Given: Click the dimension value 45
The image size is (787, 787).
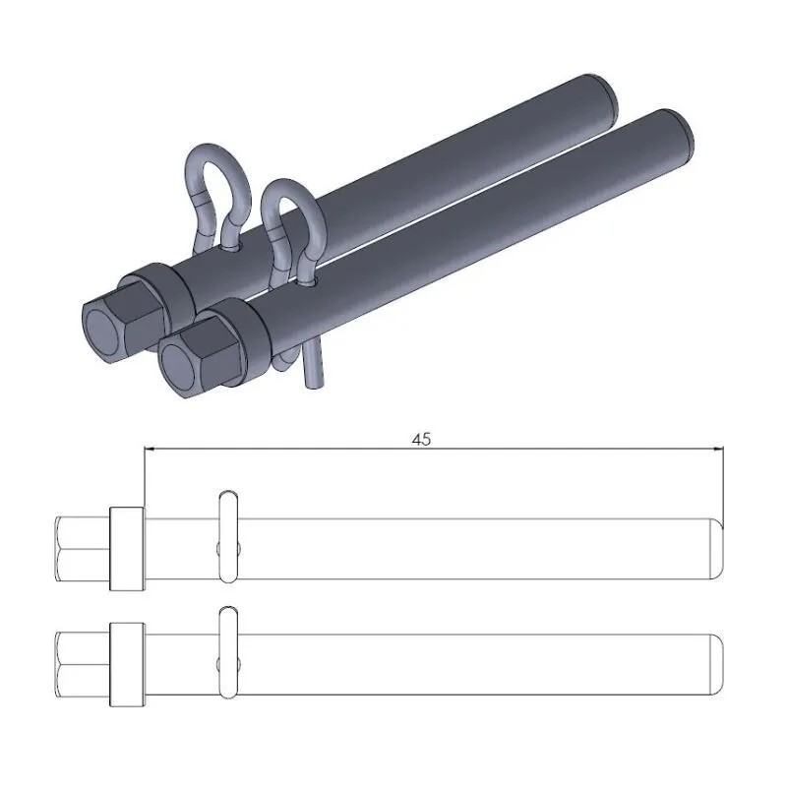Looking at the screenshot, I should click(x=421, y=440).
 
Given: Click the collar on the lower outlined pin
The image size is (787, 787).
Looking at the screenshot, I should click(x=127, y=663).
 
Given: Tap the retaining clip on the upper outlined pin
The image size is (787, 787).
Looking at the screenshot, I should click(x=227, y=531).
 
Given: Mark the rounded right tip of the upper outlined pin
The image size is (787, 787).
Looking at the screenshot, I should click(x=717, y=548).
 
